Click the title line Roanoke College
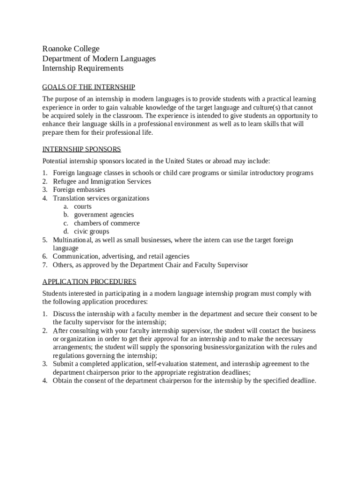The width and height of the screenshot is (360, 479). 71,49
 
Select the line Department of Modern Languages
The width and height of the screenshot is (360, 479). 99,59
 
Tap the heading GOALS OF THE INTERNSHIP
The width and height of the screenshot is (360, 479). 88,87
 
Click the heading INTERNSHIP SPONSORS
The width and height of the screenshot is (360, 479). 81,149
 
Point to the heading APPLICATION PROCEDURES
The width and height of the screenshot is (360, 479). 89,282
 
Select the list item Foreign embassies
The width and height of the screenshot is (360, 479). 79,190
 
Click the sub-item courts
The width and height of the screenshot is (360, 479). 82,207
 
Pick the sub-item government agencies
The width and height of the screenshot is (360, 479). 103,215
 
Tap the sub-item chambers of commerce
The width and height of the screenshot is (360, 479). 107,224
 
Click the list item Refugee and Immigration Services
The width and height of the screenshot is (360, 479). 101,181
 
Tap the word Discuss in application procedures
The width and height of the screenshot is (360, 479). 65,314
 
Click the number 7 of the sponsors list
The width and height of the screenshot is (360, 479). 44,265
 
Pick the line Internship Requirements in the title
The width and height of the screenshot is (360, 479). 83,68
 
